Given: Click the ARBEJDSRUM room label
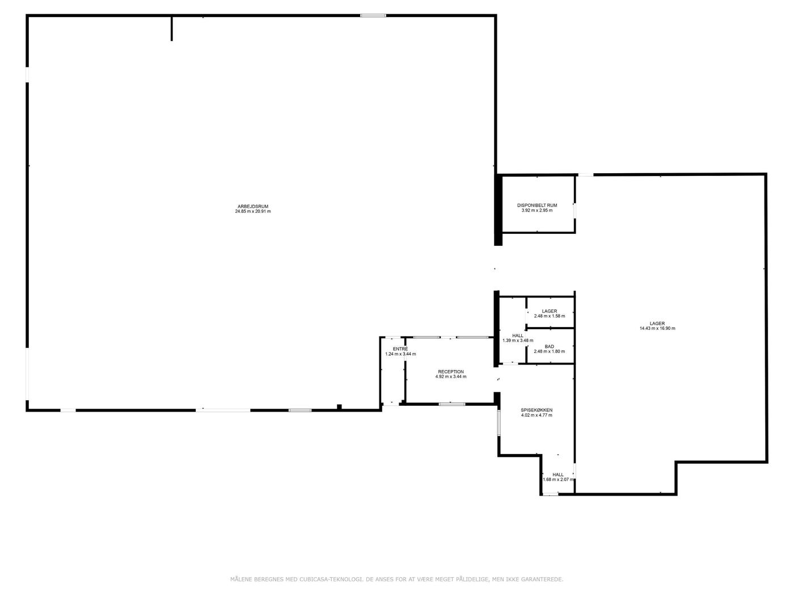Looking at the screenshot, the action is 253,206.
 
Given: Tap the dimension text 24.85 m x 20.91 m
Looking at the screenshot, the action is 253,211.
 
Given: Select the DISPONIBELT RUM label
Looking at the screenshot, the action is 537,205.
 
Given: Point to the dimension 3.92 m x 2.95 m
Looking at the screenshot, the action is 537,210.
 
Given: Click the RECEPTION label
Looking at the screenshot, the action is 451,372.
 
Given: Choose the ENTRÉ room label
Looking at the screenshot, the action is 400,349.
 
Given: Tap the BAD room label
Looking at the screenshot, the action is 549,346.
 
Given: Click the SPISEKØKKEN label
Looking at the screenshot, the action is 537,410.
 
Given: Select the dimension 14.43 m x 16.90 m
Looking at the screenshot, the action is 657,329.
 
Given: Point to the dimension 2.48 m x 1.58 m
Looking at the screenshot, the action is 550,316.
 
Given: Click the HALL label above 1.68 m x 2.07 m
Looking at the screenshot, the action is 558,475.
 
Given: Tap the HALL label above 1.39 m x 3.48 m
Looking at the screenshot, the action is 518,335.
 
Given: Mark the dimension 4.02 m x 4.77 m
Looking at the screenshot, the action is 537,415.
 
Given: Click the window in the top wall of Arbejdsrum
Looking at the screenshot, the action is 373,15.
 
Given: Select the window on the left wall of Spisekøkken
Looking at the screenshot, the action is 499,422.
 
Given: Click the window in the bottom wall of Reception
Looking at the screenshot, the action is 452,404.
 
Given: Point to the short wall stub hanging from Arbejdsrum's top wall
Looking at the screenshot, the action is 171,28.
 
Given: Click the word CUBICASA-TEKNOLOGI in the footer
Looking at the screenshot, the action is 331,579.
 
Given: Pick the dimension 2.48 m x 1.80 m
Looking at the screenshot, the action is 549,351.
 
